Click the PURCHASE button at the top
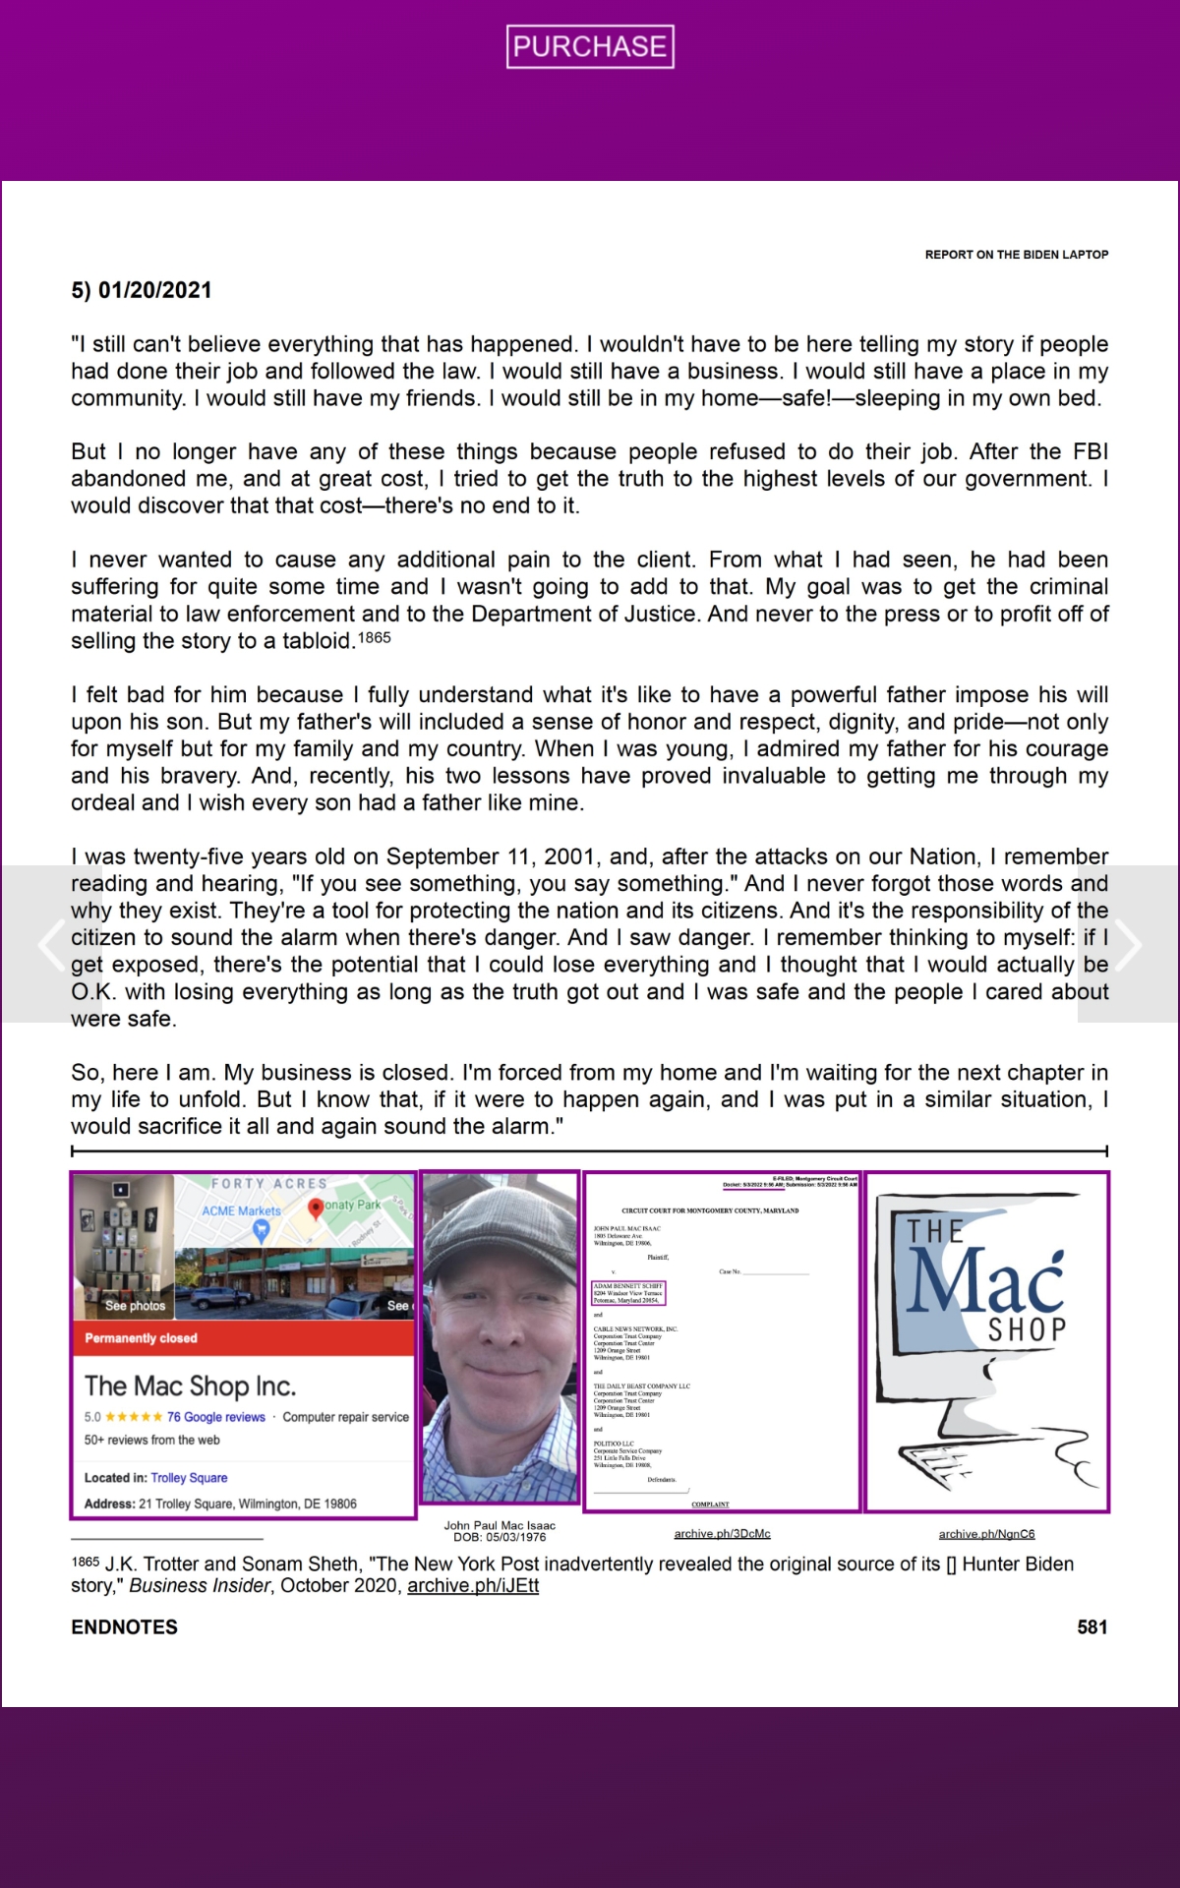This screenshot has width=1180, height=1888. (590, 46)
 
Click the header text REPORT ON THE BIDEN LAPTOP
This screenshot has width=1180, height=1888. (1016, 255)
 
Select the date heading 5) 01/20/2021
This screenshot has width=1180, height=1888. (142, 290)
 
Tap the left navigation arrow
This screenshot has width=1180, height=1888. (50, 944)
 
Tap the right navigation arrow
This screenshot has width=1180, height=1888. (1128, 944)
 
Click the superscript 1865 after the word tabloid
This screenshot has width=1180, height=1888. (374, 638)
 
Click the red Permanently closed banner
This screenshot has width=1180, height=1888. (142, 1338)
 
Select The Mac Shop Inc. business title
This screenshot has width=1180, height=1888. (190, 1386)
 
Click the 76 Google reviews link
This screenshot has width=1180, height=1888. (215, 1417)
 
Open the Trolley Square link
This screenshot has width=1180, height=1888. (189, 1478)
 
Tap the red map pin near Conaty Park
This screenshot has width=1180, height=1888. (316, 1208)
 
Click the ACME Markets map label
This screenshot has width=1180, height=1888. (241, 1211)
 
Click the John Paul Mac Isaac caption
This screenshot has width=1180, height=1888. (500, 1526)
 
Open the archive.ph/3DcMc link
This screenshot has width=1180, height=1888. (722, 1534)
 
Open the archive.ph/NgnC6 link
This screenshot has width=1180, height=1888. (986, 1534)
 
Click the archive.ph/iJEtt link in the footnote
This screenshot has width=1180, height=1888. (473, 1586)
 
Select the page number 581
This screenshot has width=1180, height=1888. (1091, 1627)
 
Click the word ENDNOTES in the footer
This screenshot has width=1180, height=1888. (125, 1627)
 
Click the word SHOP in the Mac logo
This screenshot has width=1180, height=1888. (1027, 1330)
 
